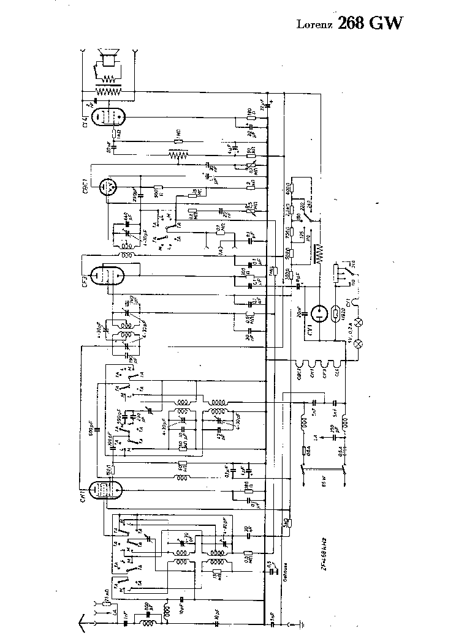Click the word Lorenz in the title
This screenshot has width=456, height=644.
tap(314, 24)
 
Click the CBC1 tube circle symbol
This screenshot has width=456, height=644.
tap(110, 186)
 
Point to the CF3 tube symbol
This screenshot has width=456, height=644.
tap(108, 275)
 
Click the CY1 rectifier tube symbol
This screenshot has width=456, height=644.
tap(319, 314)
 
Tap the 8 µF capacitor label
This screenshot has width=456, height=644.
tap(298, 277)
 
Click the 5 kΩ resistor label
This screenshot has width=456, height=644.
tap(286, 524)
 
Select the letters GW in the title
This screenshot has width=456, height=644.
tap(390, 23)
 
